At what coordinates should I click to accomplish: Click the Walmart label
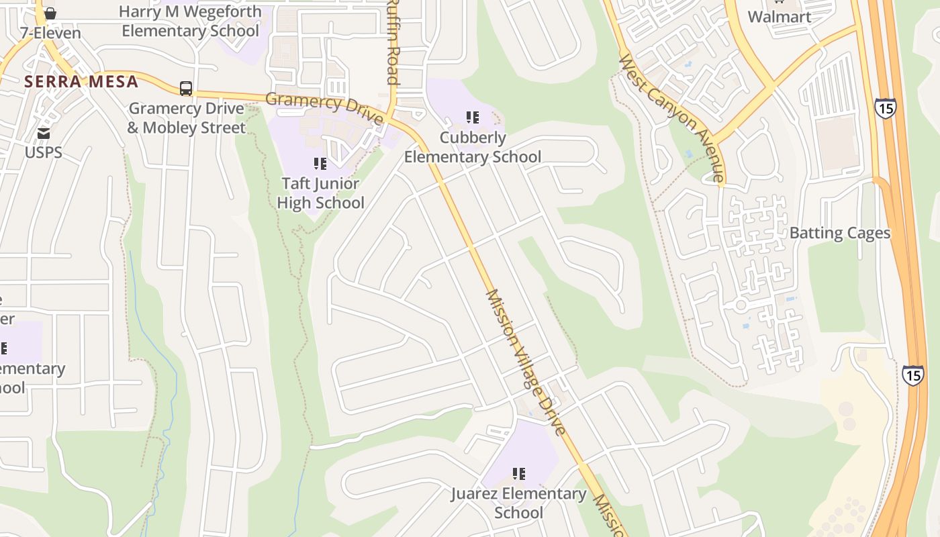[780, 17]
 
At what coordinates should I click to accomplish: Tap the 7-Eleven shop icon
[50, 13]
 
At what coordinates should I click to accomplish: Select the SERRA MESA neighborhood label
[81, 82]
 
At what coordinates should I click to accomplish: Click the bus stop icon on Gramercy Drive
[185, 89]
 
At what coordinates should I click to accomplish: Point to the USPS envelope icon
[44, 134]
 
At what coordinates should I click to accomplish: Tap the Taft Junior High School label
[320, 193]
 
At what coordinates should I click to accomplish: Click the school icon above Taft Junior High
[320, 164]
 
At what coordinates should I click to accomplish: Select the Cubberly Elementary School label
[472, 147]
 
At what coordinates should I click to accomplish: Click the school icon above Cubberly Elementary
[473, 118]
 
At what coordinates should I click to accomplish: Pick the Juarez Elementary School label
[518, 503]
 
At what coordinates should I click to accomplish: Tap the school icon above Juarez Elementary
[518, 474]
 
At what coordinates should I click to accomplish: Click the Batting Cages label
[839, 233]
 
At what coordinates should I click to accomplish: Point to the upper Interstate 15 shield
[885, 107]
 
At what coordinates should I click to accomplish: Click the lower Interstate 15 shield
[912, 375]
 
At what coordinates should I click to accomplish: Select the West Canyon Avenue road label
[671, 118]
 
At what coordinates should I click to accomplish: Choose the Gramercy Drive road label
[324, 107]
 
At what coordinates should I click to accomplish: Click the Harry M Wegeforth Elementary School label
[190, 21]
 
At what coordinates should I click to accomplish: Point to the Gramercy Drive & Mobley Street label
[187, 117]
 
